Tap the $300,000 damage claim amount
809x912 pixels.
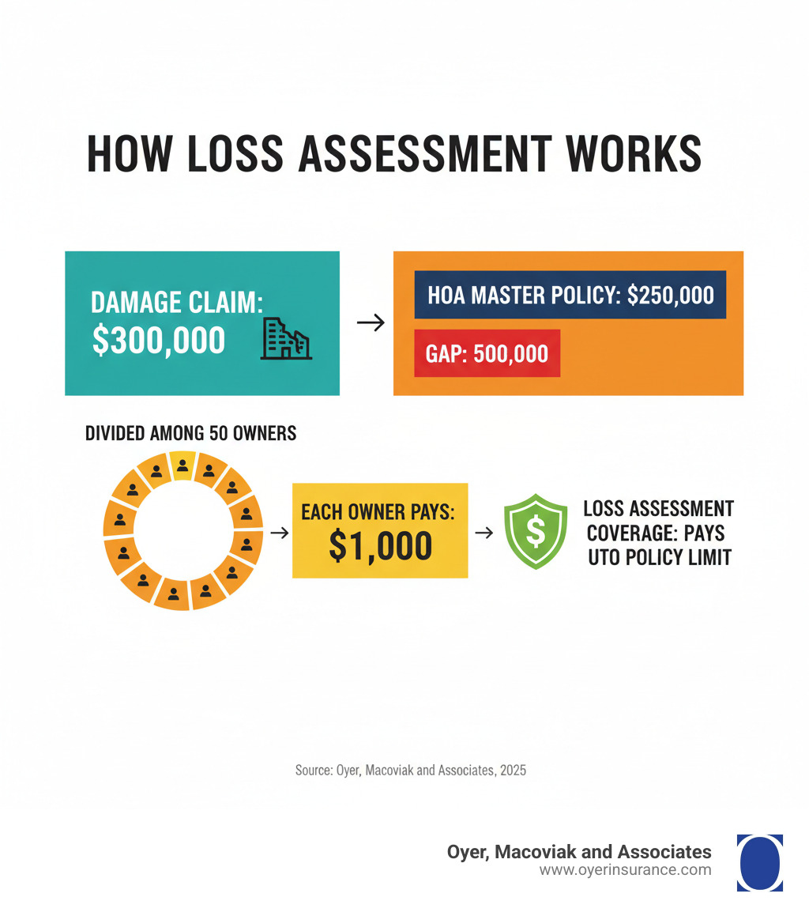pyautogui.click(x=158, y=339)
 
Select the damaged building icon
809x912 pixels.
pyautogui.click(x=285, y=339)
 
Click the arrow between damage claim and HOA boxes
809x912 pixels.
pyautogui.click(x=370, y=322)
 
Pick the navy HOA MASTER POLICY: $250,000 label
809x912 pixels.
pyautogui.click(x=570, y=295)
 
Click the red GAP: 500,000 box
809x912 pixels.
pyautogui.click(x=487, y=352)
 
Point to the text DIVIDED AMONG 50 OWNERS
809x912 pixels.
pyautogui.click(x=190, y=433)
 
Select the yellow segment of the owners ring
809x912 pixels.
pyautogui.click(x=182, y=466)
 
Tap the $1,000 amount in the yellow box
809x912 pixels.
pyautogui.click(x=380, y=546)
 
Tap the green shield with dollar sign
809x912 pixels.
pyautogui.click(x=535, y=532)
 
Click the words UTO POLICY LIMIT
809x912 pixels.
pyautogui.click(x=660, y=557)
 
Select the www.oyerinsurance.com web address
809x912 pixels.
pyautogui.click(x=625, y=870)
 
